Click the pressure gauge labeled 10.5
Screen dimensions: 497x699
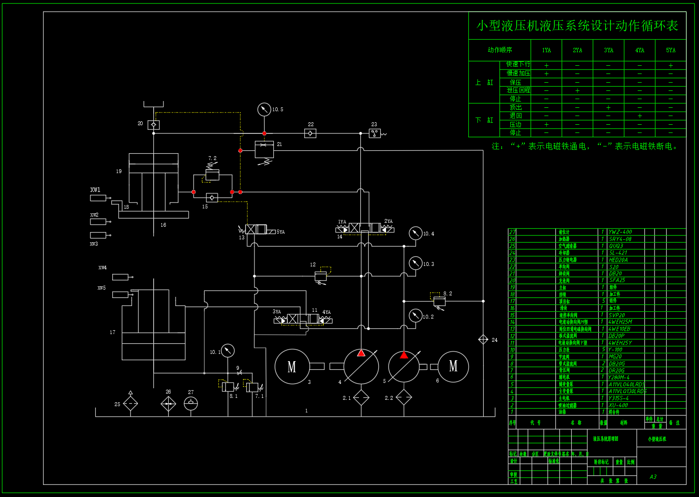coord(264,110)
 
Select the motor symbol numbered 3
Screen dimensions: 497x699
coord(292,366)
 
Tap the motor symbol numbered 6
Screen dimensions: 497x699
coord(453,366)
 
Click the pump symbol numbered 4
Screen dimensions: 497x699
coord(361,366)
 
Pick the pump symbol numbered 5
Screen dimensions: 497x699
coord(404,366)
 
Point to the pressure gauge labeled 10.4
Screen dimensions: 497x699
coord(416,234)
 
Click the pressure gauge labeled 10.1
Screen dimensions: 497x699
coord(227,351)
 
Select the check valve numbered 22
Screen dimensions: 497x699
coord(310,133)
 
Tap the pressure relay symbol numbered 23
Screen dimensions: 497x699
coord(375,133)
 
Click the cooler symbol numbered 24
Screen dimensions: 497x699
coord(483,339)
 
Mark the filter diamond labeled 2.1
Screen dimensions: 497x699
coord(361,398)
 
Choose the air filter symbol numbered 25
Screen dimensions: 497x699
coord(131,403)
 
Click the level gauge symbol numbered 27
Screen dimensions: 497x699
coord(191,403)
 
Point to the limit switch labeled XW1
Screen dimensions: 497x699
coord(98,198)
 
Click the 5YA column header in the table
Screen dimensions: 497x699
coord(670,50)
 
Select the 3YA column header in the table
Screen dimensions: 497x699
coord(608,50)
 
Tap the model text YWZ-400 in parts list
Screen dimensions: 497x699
coord(620,232)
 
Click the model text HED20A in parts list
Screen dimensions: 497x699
coord(620,260)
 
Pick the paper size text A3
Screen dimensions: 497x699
coord(653,477)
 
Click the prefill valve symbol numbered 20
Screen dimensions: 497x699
coord(153,125)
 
